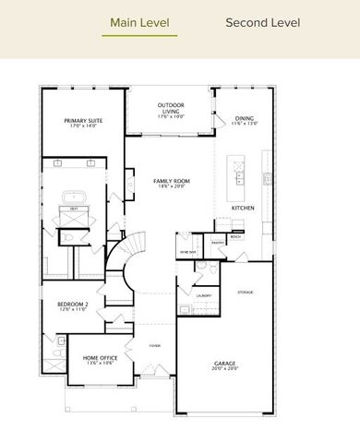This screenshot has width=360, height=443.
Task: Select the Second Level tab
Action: pyautogui.click(x=262, y=22)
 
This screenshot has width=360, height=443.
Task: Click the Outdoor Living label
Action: pyautogui.click(x=172, y=108)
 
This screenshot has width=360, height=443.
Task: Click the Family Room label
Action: pyautogui.click(x=171, y=183)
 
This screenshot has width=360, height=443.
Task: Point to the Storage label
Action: pyautogui.click(x=245, y=292)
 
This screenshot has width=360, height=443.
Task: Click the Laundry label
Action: pyautogui.click(x=204, y=295)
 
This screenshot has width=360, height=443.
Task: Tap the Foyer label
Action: pyautogui.click(x=155, y=345)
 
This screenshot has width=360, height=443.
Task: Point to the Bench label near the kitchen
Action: pyautogui.click(x=236, y=237)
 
